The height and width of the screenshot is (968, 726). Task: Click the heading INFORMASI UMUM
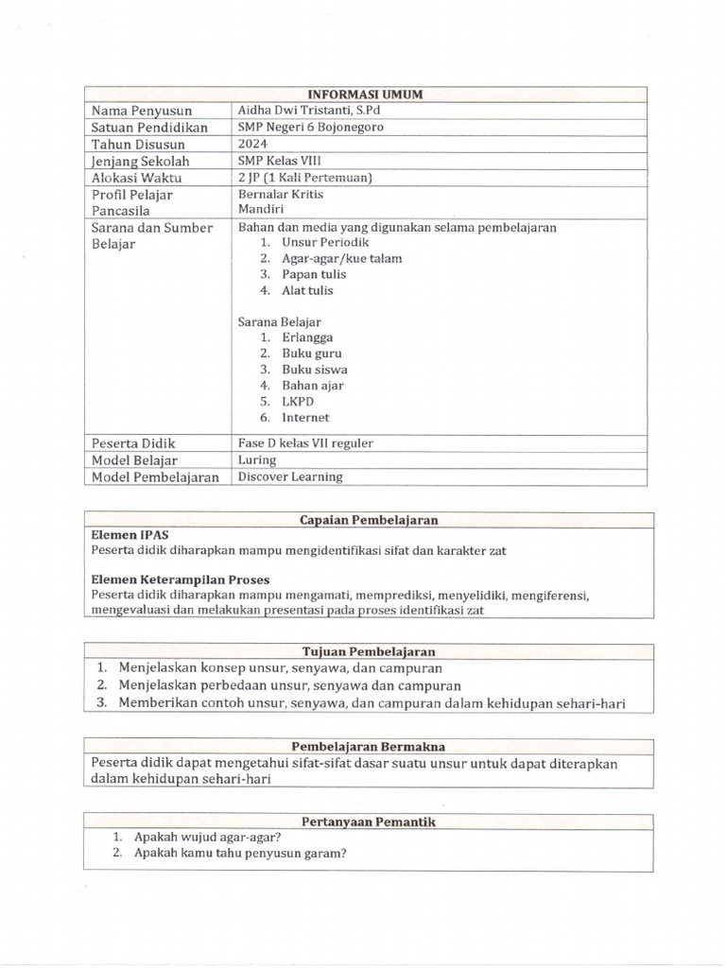(x=365, y=94)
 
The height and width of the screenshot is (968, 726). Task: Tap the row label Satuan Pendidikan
(x=149, y=128)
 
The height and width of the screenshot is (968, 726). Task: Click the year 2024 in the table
(x=253, y=144)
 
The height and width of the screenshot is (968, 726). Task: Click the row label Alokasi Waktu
(x=137, y=178)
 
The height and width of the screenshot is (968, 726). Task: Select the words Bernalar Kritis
(x=281, y=194)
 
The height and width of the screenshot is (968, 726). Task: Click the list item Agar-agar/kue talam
(x=341, y=258)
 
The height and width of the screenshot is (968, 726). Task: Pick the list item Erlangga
(x=307, y=337)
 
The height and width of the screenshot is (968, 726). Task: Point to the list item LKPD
(x=299, y=401)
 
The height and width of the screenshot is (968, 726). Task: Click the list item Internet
(x=305, y=417)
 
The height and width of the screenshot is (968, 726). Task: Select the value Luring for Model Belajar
(x=257, y=460)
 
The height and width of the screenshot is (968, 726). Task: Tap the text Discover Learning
(x=290, y=476)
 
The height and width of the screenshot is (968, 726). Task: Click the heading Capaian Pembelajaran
(x=368, y=520)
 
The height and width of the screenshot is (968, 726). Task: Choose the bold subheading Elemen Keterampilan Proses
(x=181, y=579)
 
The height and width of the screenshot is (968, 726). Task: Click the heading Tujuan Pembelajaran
(x=368, y=652)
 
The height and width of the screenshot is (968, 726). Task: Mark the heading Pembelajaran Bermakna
(x=368, y=746)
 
